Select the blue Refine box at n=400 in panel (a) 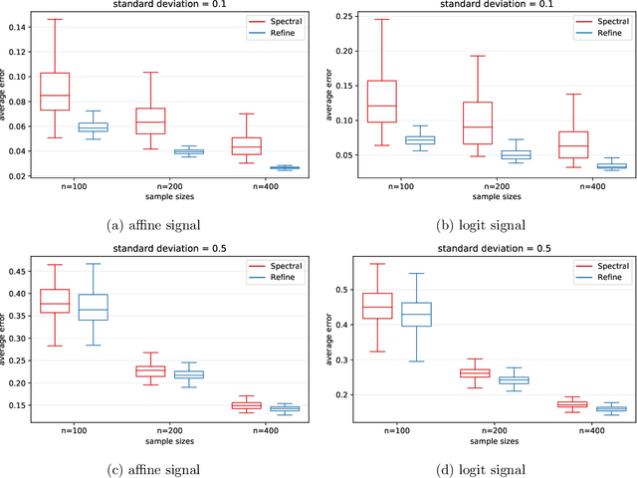coord(284,167)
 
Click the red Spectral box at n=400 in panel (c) coord(245,405)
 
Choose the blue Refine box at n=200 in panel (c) coord(189,374)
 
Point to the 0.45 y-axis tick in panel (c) coord(19,270)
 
